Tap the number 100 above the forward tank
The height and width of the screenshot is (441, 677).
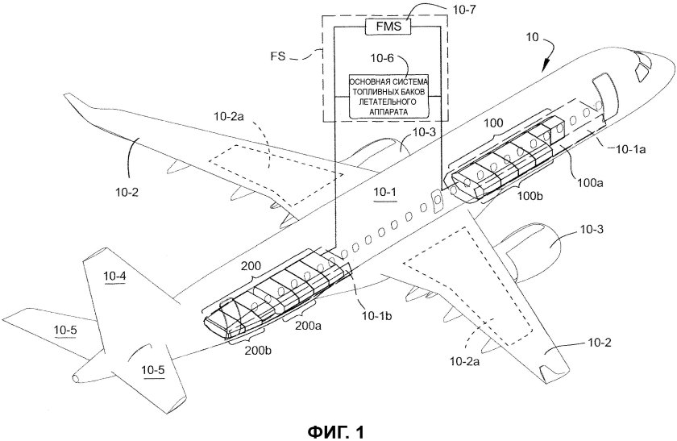click(x=494, y=122)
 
